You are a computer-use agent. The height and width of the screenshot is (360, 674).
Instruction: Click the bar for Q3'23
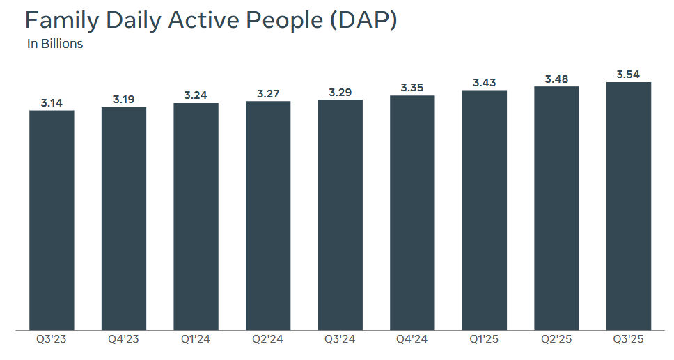[52, 220]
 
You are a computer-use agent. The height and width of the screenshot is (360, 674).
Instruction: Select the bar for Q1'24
[196, 217]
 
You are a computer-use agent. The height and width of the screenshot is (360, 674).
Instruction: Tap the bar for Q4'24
[412, 212]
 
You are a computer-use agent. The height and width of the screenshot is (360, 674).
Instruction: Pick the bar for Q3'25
[629, 206]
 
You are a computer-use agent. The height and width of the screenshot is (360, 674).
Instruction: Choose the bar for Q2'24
[268, 215]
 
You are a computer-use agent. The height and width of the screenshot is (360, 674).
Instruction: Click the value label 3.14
[52, 103]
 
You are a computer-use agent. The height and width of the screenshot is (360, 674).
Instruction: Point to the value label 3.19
[124, 100]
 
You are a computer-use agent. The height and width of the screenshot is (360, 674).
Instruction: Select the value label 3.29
[340, 93]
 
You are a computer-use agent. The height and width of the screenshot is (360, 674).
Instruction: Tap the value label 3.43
[485, 83]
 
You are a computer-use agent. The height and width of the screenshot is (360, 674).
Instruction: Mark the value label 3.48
[557, 79]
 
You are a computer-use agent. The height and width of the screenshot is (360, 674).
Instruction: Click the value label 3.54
[629, 75]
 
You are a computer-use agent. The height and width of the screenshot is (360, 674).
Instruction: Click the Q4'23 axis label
[124, 341]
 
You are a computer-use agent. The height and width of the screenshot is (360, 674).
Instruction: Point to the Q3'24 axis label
[340, 341]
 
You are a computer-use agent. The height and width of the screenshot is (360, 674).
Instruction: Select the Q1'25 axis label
[485, 341]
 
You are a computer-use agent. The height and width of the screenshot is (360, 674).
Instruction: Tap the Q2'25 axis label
[557, 341]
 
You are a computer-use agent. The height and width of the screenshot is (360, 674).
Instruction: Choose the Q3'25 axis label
[629, 341]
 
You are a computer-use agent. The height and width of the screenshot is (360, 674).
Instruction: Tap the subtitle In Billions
[55, 44]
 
